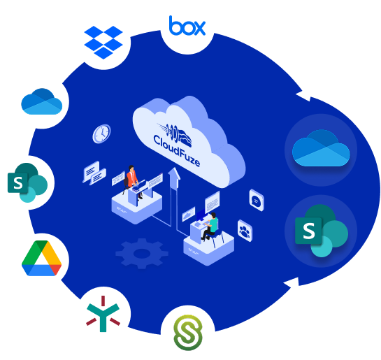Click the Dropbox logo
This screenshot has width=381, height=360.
103,42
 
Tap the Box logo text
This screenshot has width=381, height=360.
187,25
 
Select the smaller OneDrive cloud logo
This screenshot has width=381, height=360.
41,101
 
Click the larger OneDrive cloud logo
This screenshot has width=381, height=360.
321,148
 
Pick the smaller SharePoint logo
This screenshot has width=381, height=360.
27,182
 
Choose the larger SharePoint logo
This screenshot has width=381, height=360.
322,231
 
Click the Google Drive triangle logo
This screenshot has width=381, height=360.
41,258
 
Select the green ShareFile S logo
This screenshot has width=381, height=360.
188,333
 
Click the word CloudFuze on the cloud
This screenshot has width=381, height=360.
177,151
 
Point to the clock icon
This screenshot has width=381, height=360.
101,134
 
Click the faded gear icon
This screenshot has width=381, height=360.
142,253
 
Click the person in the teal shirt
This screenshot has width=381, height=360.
210,226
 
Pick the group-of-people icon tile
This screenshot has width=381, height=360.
245,231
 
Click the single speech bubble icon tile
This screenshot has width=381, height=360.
257,200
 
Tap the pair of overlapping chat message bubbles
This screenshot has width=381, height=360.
94,173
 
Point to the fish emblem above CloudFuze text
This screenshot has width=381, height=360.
175,134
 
